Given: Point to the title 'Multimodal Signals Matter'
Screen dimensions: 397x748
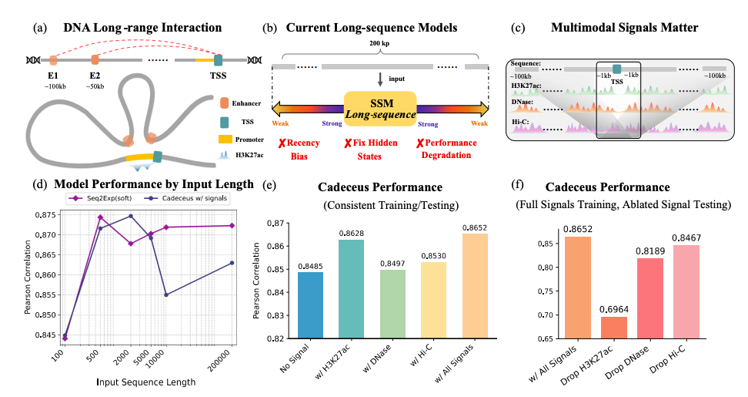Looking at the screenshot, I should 624,28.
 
